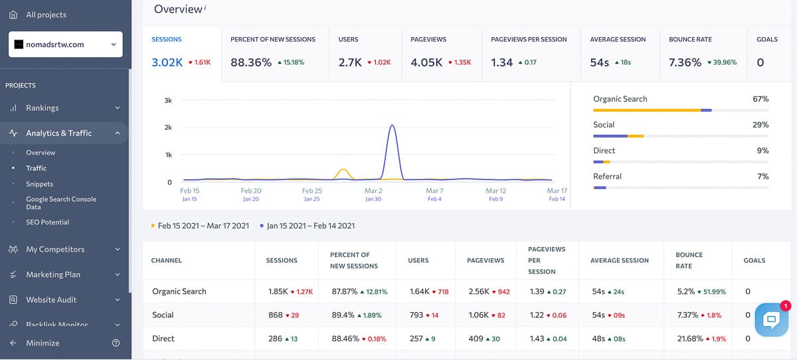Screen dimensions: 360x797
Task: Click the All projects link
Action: [45, 15]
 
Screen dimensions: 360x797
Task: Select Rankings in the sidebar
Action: [43, 108]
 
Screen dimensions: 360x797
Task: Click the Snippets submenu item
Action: [39, 184]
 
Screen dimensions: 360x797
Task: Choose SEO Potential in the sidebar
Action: [47, 222]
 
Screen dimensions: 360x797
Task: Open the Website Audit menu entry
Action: [51, 300]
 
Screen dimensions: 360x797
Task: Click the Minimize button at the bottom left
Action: [42, 343]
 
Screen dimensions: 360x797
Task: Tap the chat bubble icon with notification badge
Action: [771, 319]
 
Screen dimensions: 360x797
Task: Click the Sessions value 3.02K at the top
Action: [167, 62]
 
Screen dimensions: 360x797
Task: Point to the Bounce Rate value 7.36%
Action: [685, 62]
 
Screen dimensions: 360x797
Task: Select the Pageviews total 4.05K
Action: [426, 62]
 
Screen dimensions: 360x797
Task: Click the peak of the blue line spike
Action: [393, 125]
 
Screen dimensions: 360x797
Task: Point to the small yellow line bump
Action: [343, 170]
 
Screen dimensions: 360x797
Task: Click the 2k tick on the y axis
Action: [168, 128]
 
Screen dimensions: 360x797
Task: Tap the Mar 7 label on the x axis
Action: [434, 191]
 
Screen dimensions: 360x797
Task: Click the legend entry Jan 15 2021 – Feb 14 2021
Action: [311, 226]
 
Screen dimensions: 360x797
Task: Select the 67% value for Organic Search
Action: [760, 99]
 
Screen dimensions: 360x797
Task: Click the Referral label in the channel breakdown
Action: [607, 177]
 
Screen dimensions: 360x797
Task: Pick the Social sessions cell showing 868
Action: [276, 315]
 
